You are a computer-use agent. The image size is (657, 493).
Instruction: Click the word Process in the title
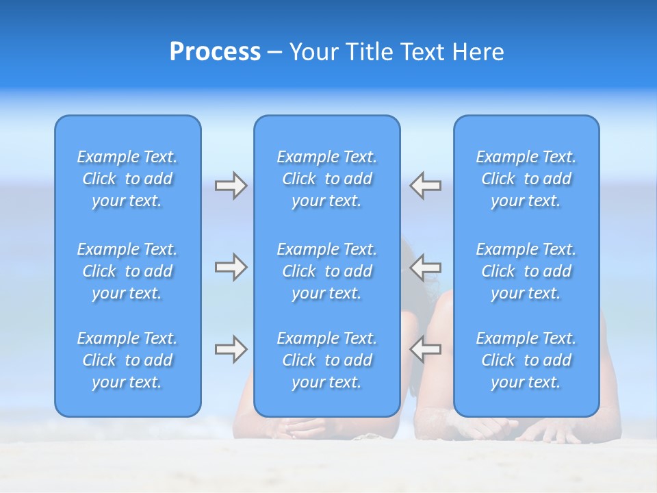point(215,52)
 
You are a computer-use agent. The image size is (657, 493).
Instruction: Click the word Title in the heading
point(370,52)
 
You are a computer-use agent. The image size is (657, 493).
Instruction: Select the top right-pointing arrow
point(231,186)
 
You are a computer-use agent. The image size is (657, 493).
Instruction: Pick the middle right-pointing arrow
point(231,267)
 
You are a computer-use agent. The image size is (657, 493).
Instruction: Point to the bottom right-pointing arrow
point(231,349)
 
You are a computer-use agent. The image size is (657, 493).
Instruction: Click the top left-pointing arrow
point(426,186)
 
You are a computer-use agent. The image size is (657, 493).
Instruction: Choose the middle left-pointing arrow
point(426,267)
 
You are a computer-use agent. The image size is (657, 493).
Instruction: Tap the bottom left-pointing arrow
point(426,349)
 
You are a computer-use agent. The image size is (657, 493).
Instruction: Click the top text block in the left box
point(127,179)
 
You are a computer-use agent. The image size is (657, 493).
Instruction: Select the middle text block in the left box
point(127,271)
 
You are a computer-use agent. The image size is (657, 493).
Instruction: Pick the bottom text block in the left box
point(127,360)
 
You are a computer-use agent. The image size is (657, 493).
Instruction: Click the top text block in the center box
point(327,179)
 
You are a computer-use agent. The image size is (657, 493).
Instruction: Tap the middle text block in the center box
point(327,271)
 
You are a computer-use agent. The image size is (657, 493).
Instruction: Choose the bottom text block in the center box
point(327,360)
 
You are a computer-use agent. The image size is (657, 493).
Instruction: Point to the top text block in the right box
point(526,179)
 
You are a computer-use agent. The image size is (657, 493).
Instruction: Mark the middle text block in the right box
point(526,271)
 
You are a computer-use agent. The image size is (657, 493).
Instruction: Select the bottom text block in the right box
point(526,360)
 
